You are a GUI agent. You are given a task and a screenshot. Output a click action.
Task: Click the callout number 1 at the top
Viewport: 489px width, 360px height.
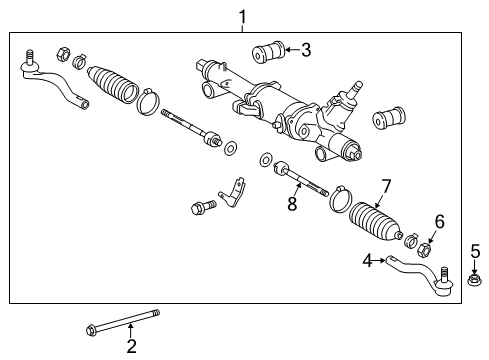(243, 17)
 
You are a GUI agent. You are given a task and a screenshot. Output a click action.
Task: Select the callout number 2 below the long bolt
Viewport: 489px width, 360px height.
(131, 347)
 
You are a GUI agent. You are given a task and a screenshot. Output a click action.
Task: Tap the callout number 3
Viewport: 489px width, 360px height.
(306, 50)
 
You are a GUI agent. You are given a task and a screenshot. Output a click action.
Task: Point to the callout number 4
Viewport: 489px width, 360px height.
(367, 261)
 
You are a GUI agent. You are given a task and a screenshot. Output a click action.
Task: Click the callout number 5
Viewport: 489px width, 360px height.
(475, 252)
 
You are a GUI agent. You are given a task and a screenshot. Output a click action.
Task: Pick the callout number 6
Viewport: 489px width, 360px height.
(440, 222)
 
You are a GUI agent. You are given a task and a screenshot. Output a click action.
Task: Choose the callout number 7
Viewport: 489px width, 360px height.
(386, 186)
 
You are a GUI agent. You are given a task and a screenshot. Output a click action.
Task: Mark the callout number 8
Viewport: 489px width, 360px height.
(292, 204)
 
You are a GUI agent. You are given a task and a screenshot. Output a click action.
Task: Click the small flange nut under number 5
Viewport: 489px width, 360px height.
(473, 280)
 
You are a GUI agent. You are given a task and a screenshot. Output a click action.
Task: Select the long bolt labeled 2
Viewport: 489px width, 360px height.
(123, 323)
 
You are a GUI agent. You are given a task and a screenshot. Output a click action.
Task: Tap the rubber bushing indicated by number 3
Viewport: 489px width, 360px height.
(268, 52)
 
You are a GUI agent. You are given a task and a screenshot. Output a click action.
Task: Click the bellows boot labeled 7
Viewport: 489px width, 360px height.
(375, 221)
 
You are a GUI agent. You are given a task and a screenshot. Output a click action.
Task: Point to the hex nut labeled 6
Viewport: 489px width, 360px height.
(424, 248)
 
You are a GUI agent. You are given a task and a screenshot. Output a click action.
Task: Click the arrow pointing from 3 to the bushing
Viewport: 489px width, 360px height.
(293, 50)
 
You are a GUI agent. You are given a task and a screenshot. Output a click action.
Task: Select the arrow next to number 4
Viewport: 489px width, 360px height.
(379, 260)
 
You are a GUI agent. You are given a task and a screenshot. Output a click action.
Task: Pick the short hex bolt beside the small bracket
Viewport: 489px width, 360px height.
(204, 206)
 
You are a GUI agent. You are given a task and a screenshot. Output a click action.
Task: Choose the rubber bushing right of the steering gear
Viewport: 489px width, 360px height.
(389, 118)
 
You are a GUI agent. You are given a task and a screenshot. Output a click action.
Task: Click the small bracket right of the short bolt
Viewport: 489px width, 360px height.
(233, 193)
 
